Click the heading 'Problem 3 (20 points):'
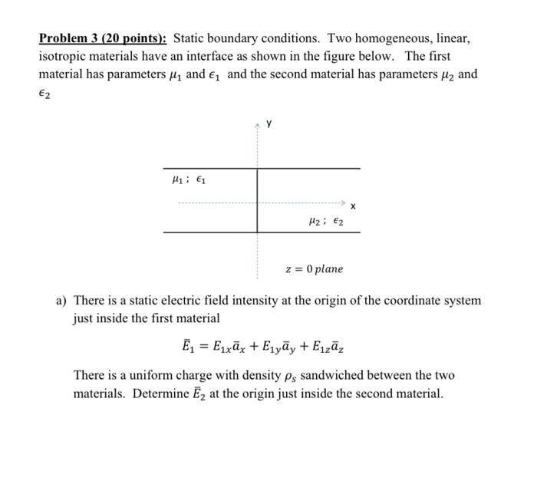coord(104,38)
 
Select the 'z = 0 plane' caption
coord(314,269)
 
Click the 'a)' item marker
coord(62,301)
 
